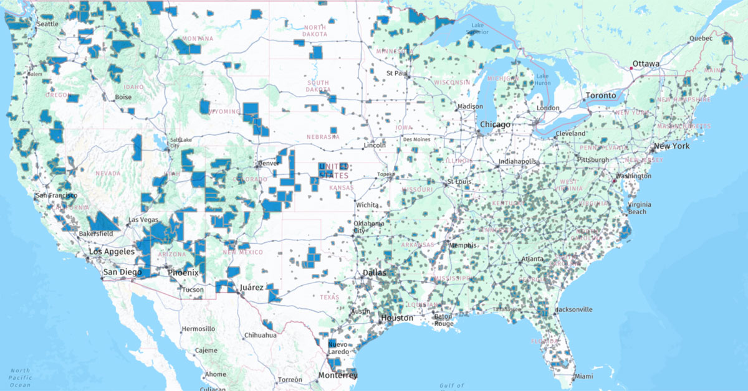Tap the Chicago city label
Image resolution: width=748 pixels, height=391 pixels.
(x=496, y=125)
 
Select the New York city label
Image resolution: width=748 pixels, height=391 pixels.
(x=671, y=146)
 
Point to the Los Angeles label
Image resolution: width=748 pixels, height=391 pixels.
(x=112, y=252)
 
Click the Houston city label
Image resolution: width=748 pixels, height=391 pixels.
(x=396, y=318)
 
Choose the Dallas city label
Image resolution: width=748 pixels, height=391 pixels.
(x=375, y=273)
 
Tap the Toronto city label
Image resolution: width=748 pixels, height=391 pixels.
(x=600, y=96)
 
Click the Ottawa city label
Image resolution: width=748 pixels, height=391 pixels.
(x=646, y=64)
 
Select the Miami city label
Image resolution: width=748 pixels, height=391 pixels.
(x=584, y=377)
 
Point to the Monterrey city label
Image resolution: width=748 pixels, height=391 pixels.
(x=338, y=375)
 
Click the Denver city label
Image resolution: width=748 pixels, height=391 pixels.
(x=269, y=164)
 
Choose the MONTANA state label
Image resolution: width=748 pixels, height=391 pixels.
(x=198, y=39)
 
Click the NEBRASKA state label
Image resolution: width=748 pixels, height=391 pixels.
(x=322, y=137)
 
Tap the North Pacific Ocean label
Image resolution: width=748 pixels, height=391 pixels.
(x=20, y=377)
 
